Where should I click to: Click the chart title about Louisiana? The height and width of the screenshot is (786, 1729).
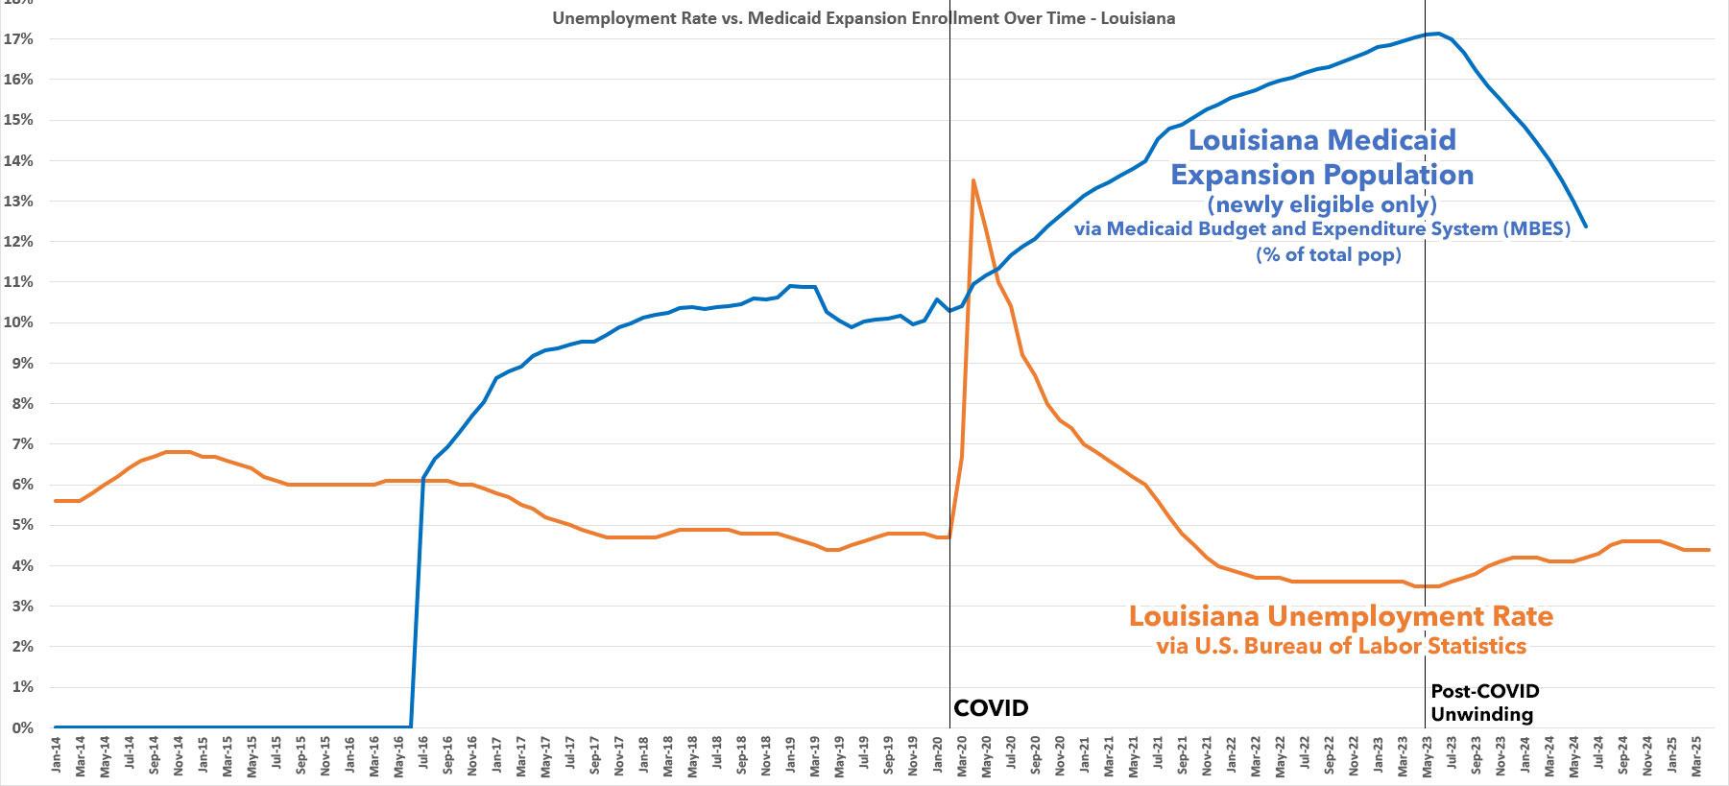tap(863, 18)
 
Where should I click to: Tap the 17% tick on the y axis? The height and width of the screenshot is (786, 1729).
tap(21, 39)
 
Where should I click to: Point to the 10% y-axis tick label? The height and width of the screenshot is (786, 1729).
tap(21, 322)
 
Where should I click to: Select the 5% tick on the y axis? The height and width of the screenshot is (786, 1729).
tap(21, 525)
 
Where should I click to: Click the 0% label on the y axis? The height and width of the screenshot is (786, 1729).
tap(21, 727)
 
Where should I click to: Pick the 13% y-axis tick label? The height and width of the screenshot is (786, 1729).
tap(21, 202)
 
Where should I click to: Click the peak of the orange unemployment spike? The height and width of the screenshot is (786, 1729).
tap(973, 179)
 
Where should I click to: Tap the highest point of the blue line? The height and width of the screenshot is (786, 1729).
tap(1436, 34)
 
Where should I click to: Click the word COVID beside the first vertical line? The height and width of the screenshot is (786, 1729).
tap(991, 708)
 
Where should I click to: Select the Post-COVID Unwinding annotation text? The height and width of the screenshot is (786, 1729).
tap(1484, 703)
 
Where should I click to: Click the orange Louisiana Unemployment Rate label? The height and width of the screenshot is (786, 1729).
tap(1340, 615)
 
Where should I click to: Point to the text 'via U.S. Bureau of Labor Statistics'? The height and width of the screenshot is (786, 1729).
tap(1340, 646)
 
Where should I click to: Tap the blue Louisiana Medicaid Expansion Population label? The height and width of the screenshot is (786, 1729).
tap(1322, 157)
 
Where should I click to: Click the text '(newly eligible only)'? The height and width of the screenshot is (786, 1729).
tap(1322, 204)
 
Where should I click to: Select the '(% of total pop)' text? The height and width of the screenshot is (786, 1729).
tap(1328, 255)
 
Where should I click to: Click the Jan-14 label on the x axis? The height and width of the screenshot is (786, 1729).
tap(57, 756)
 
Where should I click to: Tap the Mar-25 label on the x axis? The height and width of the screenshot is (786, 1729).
tap(1696, 756)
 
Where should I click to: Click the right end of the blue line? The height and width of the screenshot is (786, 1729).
tap(1585, 226)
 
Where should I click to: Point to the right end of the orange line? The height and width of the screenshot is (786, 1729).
tap(1709, 550)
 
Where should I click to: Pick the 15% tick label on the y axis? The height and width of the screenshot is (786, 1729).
tap(21, 120)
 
